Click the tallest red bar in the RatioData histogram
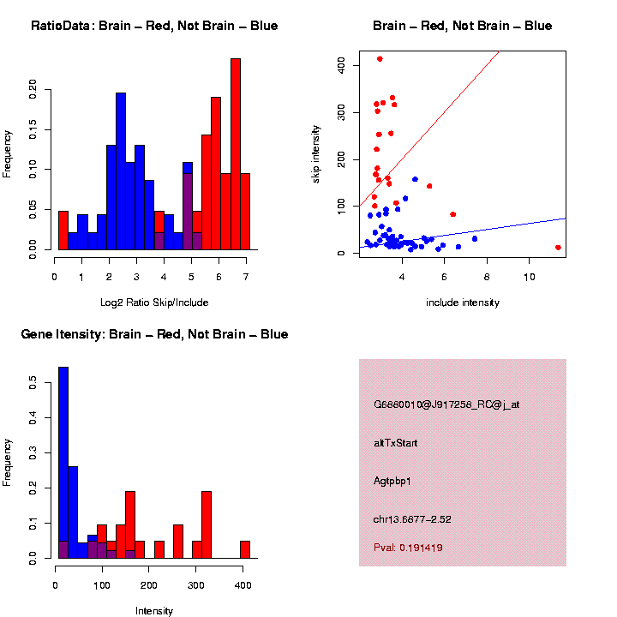point(236,154)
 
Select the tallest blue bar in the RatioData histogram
point(121,171)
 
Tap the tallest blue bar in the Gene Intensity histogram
point(63,463)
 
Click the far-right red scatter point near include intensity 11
point(558,248)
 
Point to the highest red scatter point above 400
point(380,59)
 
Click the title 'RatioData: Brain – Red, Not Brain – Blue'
point(154,26)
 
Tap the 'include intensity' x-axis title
point(463,303)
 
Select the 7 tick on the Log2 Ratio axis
point(246,278)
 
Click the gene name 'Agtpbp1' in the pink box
point(392,482)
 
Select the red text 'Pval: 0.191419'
point(408,548)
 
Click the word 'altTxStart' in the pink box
point(396,443)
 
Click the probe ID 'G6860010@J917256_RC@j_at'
point(446,404)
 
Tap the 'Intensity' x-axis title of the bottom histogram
point(154,611)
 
